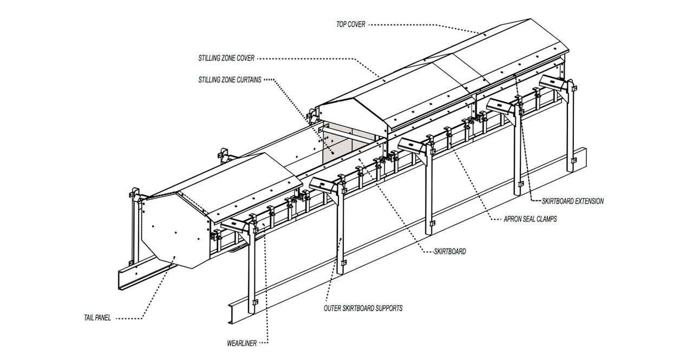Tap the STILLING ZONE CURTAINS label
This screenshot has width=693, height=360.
tap(230, 80)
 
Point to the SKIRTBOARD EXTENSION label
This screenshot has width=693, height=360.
tap(572, 201)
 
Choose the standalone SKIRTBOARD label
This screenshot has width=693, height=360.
tap(450, 251)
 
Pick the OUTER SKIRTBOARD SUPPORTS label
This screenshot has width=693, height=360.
tap(363, 308)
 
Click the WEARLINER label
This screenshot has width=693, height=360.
tap(241, 342)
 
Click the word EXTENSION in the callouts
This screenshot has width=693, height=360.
tap(588, 201)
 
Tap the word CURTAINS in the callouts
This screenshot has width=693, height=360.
tap(247, 80)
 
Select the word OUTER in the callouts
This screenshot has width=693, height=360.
tap(332, 308)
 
